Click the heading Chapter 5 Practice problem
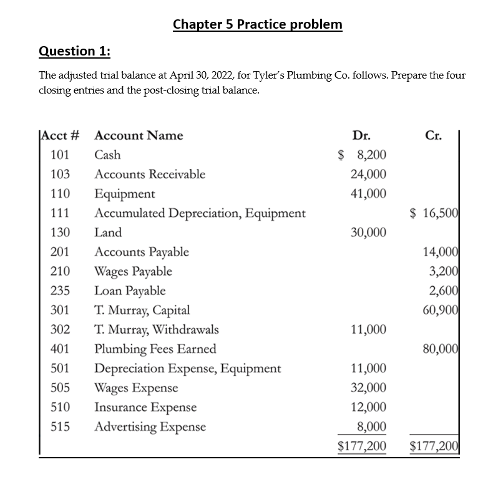[257, 24]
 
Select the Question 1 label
[74, 51]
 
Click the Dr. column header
[361, 135]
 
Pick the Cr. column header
[434, 135]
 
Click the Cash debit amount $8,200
[362, 155]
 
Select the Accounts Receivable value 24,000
[368, 174]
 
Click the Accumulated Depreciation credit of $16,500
[434, 213]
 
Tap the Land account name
[108, 233]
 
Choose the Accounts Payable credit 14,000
[441, 252]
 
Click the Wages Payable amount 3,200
[444, 271]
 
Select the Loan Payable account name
[130, 291]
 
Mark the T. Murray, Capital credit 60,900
[441, 310]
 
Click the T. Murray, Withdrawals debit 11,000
[368, 329]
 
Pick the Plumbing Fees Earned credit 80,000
[441, 349]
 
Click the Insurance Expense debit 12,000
[368, 407]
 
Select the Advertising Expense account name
[150, 427]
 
